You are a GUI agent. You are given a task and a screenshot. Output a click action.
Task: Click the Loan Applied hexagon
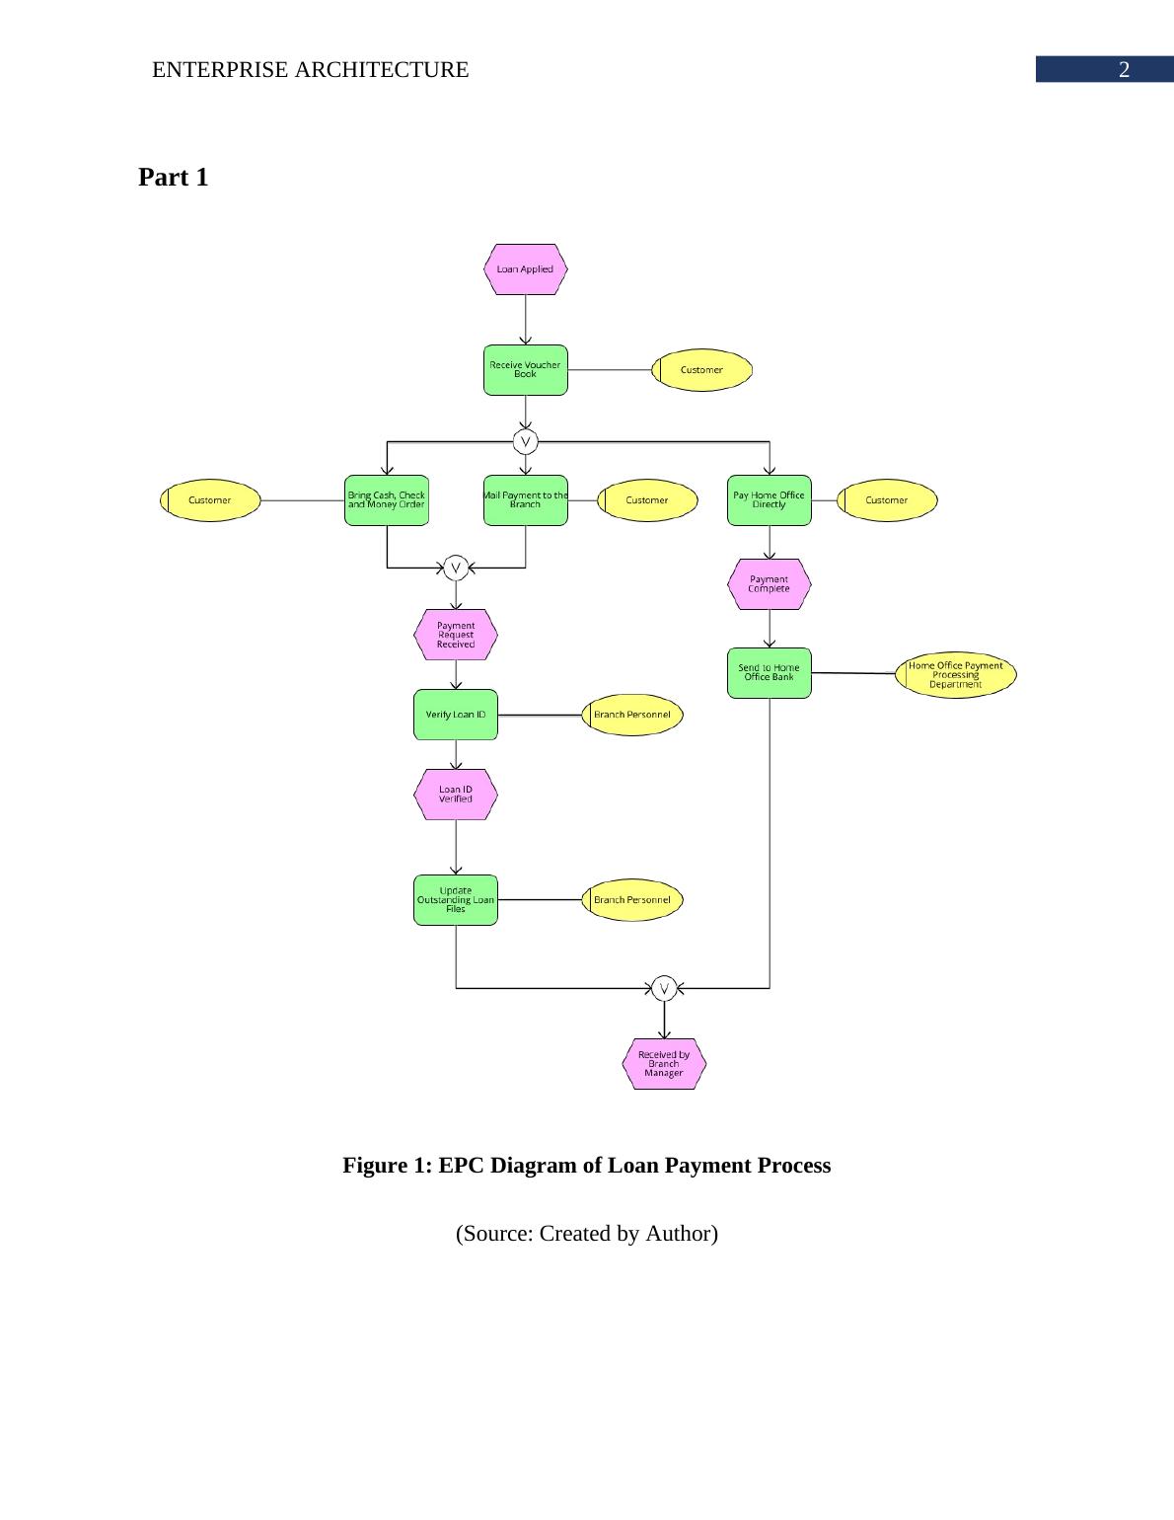coord(525,269)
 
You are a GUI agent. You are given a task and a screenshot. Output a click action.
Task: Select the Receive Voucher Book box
coord(525,370)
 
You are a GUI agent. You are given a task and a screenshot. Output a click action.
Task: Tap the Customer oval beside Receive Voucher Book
coord(701,370)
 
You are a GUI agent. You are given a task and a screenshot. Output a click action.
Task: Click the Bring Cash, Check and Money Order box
coord(386,500)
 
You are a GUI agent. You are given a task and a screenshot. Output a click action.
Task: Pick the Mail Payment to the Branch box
coord(525,500)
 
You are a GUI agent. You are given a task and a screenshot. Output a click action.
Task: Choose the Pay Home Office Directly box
coord(769,500)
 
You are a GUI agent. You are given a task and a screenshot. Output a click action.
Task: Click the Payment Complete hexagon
coord(769,584)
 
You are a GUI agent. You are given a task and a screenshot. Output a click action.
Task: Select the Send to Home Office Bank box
coord(769,673)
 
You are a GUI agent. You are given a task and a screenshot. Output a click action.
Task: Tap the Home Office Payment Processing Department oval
coord(955,675)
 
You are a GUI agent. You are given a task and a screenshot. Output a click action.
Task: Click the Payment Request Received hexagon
coord(455,635)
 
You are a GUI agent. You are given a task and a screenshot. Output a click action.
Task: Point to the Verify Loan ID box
coord(455,715)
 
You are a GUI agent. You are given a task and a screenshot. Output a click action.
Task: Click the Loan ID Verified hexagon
coord(455,795)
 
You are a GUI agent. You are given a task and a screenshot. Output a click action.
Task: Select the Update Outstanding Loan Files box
coord(455,900)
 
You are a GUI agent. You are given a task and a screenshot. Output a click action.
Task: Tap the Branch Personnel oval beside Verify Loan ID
coord(631,715)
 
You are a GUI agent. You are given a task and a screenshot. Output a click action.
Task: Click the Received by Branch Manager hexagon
coord(664,1064)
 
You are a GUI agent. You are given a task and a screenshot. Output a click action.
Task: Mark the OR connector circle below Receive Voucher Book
coord(526,440)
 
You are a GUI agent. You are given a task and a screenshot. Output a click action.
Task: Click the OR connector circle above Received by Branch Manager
coord(664,988)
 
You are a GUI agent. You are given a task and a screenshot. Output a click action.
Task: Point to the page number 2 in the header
coord(1123,70)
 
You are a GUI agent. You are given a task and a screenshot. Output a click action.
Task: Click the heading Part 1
coord(174,178)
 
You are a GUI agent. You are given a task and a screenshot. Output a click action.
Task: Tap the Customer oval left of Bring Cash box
coord(210,500)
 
